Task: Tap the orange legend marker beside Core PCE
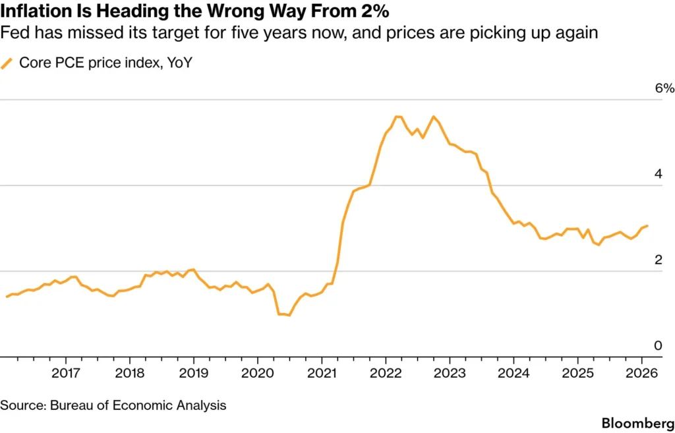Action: click(x=7, y=63)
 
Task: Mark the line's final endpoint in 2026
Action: click(x=647, y=226)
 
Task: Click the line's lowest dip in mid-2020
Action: click(x=289, y=315)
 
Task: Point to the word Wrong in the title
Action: click(x=245, y=11)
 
